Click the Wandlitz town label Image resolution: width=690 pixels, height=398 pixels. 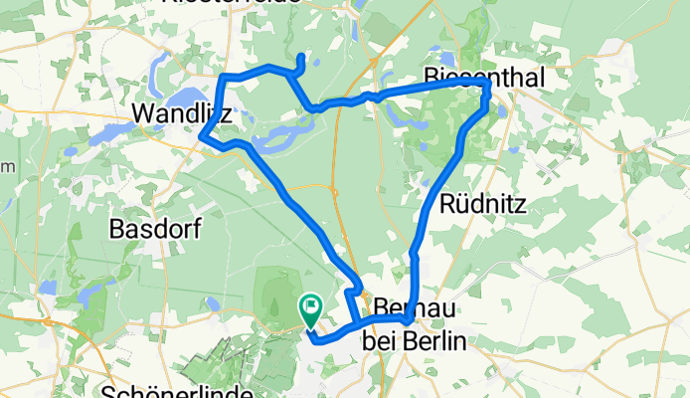182,115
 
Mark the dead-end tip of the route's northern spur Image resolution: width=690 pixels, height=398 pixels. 300,55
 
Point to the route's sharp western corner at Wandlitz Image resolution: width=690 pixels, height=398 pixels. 203,136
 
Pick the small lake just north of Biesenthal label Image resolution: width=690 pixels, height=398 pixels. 443,58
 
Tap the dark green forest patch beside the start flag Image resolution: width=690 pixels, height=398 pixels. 278,289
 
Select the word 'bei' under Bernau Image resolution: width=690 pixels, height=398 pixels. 380,341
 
